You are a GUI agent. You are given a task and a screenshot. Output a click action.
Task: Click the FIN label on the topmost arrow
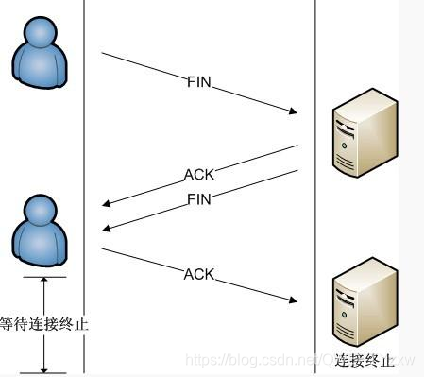[198, 83]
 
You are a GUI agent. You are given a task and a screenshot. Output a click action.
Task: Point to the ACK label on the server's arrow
[198, 174]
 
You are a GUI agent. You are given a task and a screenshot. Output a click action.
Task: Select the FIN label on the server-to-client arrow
[199, 199]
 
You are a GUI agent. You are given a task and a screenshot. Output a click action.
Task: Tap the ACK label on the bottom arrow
[199, 275]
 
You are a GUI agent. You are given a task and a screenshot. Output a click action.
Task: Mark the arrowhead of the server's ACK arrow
[107, 203]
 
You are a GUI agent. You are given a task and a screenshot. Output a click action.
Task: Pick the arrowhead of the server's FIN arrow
[107, 228]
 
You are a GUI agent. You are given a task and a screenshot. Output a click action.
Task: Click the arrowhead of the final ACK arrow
[294, 301]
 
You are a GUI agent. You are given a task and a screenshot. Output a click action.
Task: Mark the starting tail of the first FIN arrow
[103, 54]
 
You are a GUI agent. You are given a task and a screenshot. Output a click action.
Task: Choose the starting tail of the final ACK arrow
[103, 249]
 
